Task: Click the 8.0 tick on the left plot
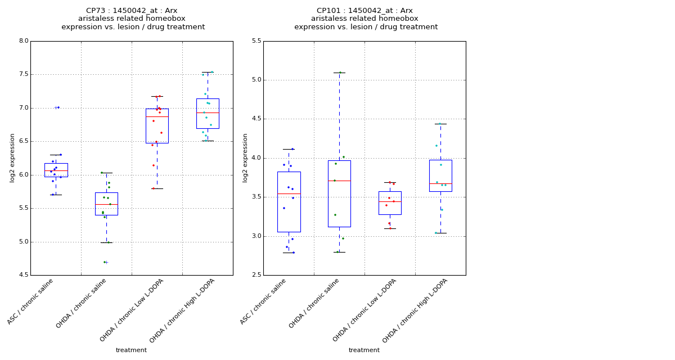(x=23, y=41)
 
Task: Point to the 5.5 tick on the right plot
(x=256, y=41)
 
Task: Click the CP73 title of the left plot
(x=132, y=11)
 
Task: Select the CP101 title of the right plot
(x=365, y=11)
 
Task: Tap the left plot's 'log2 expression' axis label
(x=12, y=157)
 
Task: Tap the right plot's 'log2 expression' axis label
(x=245, y=157)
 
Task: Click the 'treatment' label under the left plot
(x=131, y=350)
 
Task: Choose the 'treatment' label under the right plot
(x=364, y=350)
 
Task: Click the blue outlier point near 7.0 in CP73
(x=58, y=107)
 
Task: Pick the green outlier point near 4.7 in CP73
(x=105, y=262)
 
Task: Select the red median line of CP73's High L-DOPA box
(x=208, y=112)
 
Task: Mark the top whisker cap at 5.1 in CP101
(x=339, y=73)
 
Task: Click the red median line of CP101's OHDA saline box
(x=339, y=181)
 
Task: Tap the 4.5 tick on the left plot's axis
(x=23, y=276)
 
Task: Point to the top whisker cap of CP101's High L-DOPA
(x=440, y=124)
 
